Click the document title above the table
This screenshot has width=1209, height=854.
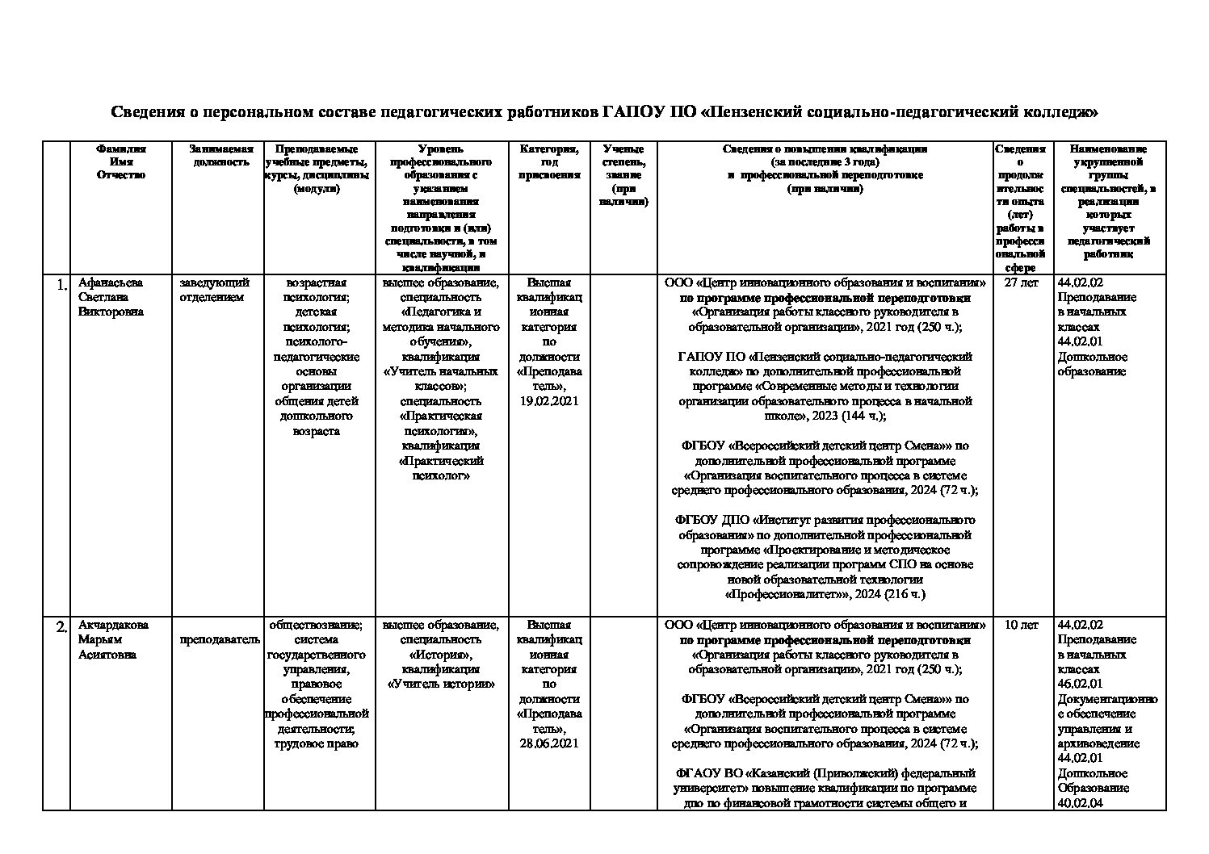[604, 112]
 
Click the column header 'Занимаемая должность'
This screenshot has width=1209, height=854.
[220, 155]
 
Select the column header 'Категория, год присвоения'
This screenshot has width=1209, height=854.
[549, 161]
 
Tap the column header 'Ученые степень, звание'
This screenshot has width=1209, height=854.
[623, 174]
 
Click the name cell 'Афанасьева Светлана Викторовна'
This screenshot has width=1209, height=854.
[111, 297]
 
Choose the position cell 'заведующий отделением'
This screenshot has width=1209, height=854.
[214, 290]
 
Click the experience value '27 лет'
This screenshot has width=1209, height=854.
[1021, 283]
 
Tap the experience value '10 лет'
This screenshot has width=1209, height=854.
[1021, 625]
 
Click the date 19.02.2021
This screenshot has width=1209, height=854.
[549, 401]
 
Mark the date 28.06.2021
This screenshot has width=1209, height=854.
[549, 743]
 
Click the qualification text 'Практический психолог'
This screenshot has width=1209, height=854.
[441, 468]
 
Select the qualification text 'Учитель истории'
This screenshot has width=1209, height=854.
[441, 684]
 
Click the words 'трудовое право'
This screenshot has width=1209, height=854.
[317, 743]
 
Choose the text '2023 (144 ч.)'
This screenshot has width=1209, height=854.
[849, 416]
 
